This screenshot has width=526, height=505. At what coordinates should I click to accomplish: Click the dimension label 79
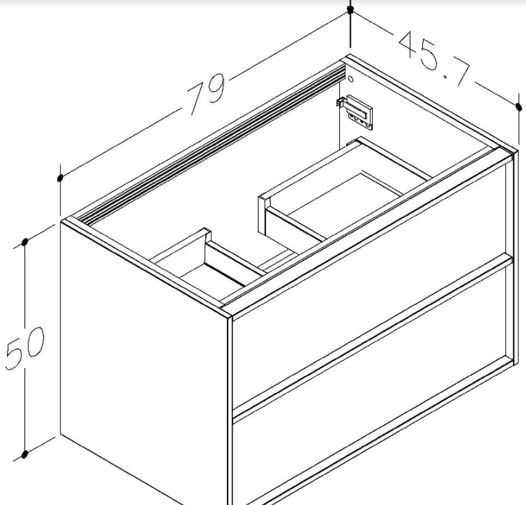pos(207,93)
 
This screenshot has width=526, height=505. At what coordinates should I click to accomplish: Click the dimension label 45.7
pos(434,59)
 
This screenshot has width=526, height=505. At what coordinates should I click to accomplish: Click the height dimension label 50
pos(25,348)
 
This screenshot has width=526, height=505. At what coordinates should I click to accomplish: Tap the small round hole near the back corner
pos(351,79)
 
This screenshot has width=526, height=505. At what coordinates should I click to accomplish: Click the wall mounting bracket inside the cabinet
pos(355,111)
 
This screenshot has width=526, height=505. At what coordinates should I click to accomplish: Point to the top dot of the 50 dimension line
pos(25,242)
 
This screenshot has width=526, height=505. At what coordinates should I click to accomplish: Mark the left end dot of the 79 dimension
pos(60,178)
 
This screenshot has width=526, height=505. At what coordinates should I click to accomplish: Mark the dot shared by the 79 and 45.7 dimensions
pos(351,9)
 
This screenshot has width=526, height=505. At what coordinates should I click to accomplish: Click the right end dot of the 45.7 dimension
pos(519,107)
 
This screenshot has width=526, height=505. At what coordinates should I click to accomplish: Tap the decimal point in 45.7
pos(446,77)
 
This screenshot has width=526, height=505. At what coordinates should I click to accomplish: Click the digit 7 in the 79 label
pos(197,99)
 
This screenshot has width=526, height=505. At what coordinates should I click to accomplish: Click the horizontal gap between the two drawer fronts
pos(373,337)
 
